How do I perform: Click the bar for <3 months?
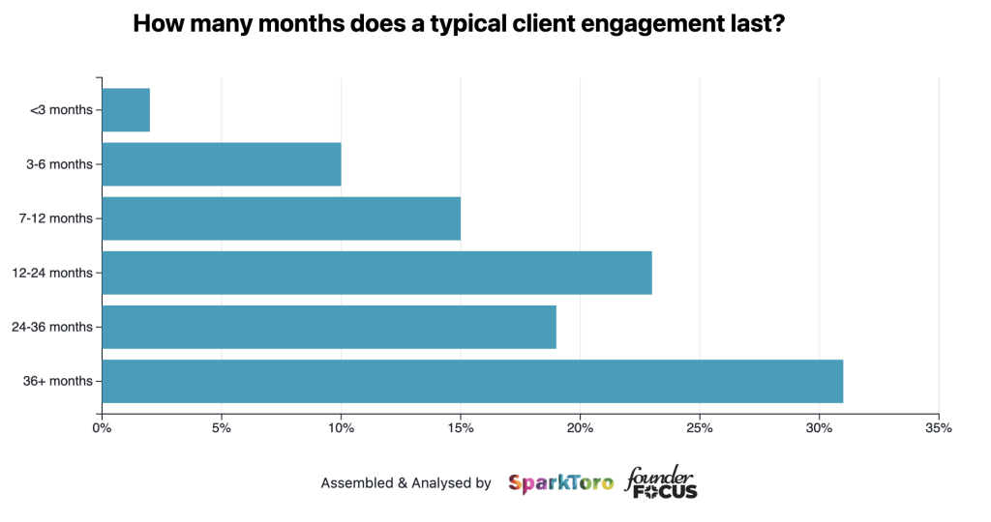tap(126, 110)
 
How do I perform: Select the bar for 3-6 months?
tap(222, 164)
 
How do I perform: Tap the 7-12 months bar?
tap(281, 218)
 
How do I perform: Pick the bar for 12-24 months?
tap(376, 273)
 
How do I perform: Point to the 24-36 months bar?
tap(329, 327)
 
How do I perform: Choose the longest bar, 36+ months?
tap(472, 381)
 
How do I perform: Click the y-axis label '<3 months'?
tap(61, 110)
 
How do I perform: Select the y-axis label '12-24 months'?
tap(53, 273)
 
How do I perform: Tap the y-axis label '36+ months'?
tap(58, 381)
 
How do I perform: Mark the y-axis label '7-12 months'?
tap(56, 218)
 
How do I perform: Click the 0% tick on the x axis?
tap(102, 427)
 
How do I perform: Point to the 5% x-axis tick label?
tap(222, 427)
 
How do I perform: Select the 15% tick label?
tap(461, 427)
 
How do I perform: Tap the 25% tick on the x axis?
tap(700, 427)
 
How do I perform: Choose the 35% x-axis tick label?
tap(939, 427)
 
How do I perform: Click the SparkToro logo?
tap(560, 482)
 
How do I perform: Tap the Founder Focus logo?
tap(662, 481)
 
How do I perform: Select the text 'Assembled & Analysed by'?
tap(405, 482)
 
